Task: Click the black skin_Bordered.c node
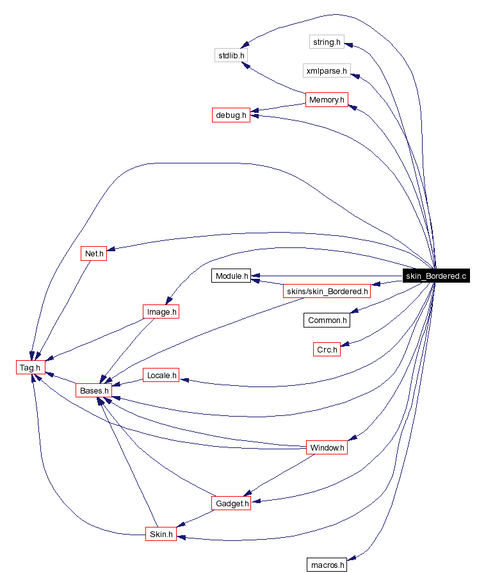(x=436, y=276)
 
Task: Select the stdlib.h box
(x=231, y=55)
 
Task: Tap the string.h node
(x=327, y=42)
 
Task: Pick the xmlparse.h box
(x=327, y=70)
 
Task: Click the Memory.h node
(x=327, y=100)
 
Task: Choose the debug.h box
(x=231, y=115)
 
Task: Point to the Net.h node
(x=94, y=253)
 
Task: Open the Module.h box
(x=231, y=276)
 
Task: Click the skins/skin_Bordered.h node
(x=327, y=292)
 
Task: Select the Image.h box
(x=160, y=312)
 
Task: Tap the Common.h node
(x=327, y=320)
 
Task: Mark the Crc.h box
(x=327, y=349)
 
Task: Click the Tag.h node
(x=30, y=367)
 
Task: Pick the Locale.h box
(x=161, y=375)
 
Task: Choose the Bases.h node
(x=94, y=390)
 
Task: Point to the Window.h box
(x=327, y=447)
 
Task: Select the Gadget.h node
(x=231, y=504)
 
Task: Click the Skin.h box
(x=160, y=534)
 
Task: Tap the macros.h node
(x=327, y=565)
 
